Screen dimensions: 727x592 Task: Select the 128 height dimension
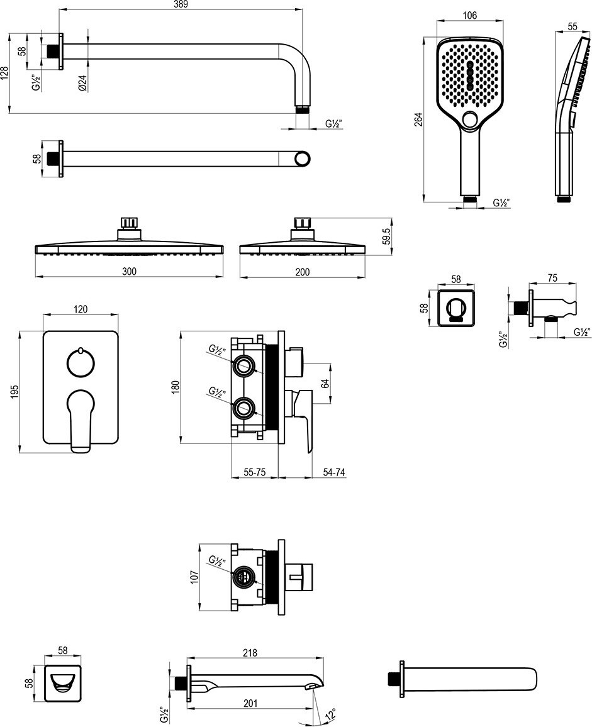coord(6,73)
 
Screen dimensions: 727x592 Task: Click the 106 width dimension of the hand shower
coord(469,16)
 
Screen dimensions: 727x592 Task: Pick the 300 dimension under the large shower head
coord(129,271)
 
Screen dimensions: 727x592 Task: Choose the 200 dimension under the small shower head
coord(302,271)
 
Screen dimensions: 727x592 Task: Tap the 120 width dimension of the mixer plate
coord(81,309)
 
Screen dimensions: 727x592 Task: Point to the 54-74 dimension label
coord(335,472)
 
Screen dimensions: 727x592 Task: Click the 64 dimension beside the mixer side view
coord(325,382)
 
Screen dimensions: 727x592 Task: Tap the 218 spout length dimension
coord(250,653)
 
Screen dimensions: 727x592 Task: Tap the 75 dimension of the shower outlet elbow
coord(552,278)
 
